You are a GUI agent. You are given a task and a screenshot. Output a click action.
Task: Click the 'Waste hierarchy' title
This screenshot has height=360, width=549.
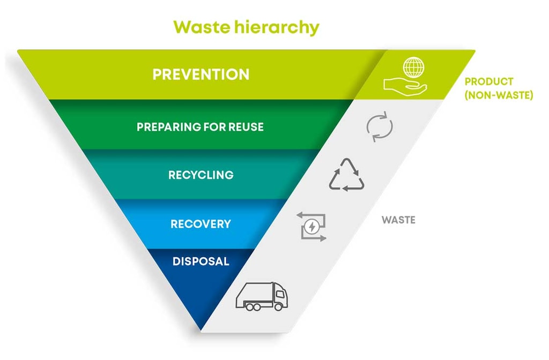coord(246,27)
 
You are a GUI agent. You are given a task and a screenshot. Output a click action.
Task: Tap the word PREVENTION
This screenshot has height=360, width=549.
coord(201,74)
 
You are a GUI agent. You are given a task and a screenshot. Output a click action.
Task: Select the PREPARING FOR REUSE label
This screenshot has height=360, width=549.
coord(201,126)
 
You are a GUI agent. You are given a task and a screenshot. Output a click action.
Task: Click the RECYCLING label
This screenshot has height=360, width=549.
coord(201,175)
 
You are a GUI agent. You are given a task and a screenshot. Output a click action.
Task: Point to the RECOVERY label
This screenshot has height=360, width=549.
coord(201,224)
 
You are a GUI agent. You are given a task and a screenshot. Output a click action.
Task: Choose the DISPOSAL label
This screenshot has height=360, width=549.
coord(201,261)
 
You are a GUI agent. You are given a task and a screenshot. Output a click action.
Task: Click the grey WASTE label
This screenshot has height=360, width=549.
coord(398,220)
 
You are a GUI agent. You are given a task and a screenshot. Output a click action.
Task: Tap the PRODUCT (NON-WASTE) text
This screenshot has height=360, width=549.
coord(499,88)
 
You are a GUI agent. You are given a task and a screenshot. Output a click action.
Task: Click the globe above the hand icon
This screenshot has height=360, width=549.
coord(413,67)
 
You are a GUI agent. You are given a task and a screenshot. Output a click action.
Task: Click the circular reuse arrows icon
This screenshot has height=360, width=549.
coord(380,126)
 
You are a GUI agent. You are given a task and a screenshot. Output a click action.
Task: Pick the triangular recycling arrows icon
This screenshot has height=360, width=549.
coord(346,175)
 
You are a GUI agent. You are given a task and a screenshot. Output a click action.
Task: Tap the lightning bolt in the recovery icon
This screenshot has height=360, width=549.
coord(311,227)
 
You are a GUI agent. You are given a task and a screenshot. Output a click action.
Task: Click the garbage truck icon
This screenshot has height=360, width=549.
coord(262,296)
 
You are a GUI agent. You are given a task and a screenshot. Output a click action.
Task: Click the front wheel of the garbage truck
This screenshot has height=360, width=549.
coord(278,307)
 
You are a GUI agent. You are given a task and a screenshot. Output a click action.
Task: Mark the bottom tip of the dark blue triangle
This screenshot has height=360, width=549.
coord(201,330)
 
